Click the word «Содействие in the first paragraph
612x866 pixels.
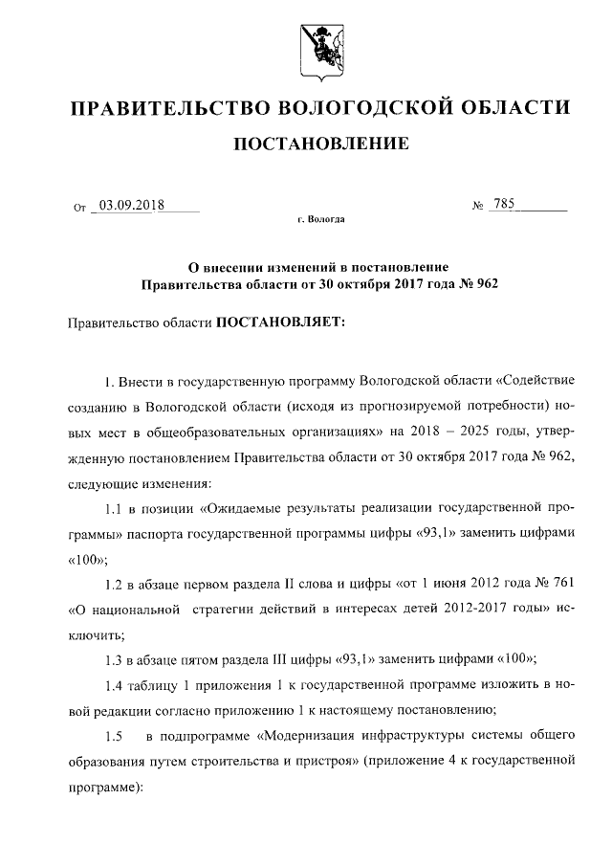point(535,383)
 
